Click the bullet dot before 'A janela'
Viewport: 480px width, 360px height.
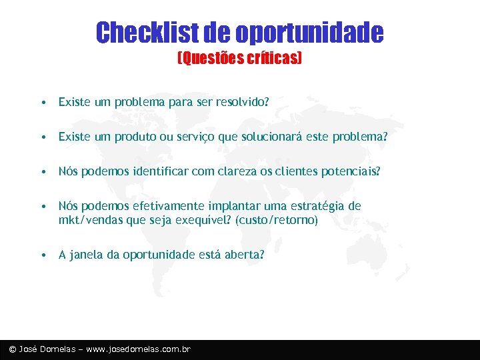click(43, 255)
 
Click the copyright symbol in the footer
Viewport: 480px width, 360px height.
click(12, 349)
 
